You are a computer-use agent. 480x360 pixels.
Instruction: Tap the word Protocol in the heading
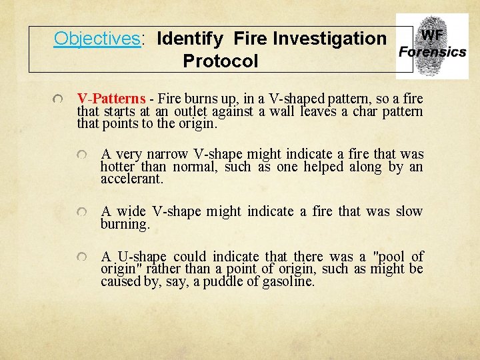220,61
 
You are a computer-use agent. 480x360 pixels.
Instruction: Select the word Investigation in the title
336,39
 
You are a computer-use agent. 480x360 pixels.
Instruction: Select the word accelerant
131,179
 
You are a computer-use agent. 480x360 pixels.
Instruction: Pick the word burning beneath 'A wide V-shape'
125,224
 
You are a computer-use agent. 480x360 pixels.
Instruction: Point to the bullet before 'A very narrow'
81,155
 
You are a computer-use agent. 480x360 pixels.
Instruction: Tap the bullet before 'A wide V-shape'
81,212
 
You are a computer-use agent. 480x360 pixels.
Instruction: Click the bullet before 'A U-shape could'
81,257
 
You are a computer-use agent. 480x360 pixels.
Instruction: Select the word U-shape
142,257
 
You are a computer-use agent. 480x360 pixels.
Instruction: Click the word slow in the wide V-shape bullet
409,211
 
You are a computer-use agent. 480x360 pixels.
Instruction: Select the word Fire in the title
255,39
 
